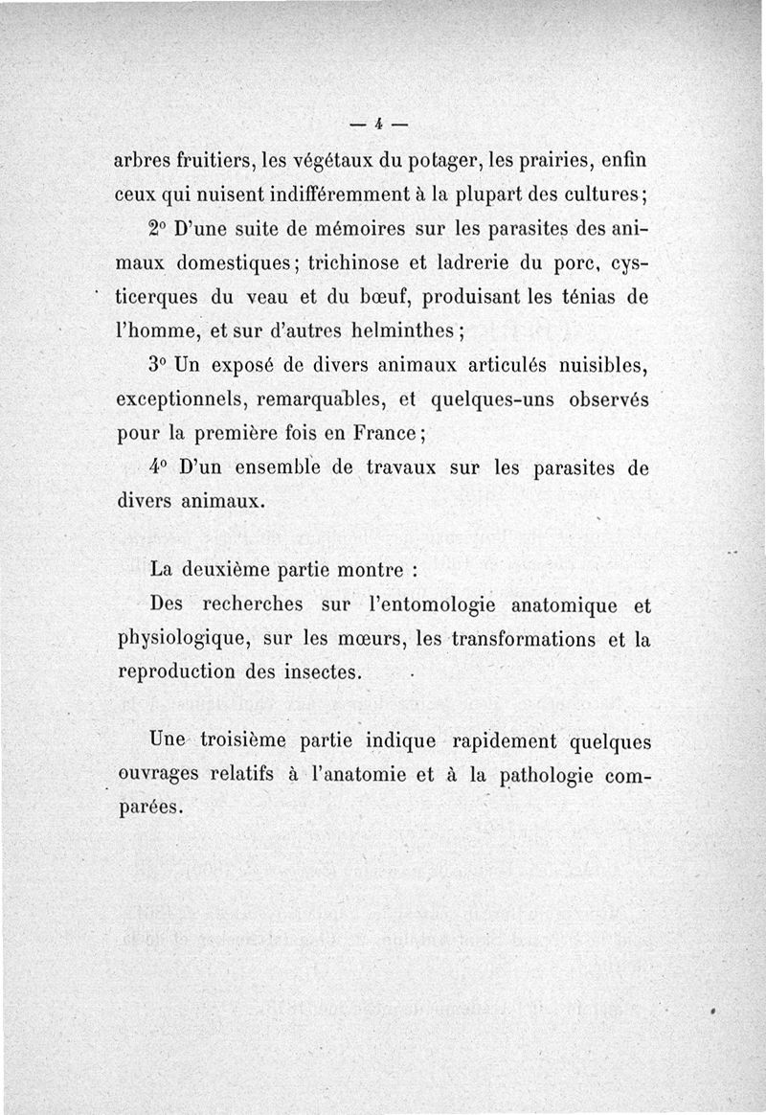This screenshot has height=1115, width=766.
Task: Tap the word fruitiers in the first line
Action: coord(212,160)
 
